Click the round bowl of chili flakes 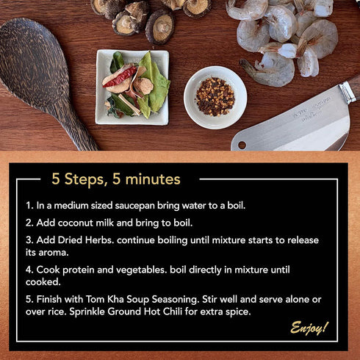click(x=215, y=97)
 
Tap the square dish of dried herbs click(x=132, y=87)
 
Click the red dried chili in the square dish click(x=120, y=77)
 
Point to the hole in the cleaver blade click(x=242, y=145)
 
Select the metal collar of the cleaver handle click(x=348, y=92)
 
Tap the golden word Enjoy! click(x=309, y=328)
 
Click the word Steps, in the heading click(x=85, y=179)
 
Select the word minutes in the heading click(x=153, y=179)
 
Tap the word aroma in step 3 click(x=54, y=253)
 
